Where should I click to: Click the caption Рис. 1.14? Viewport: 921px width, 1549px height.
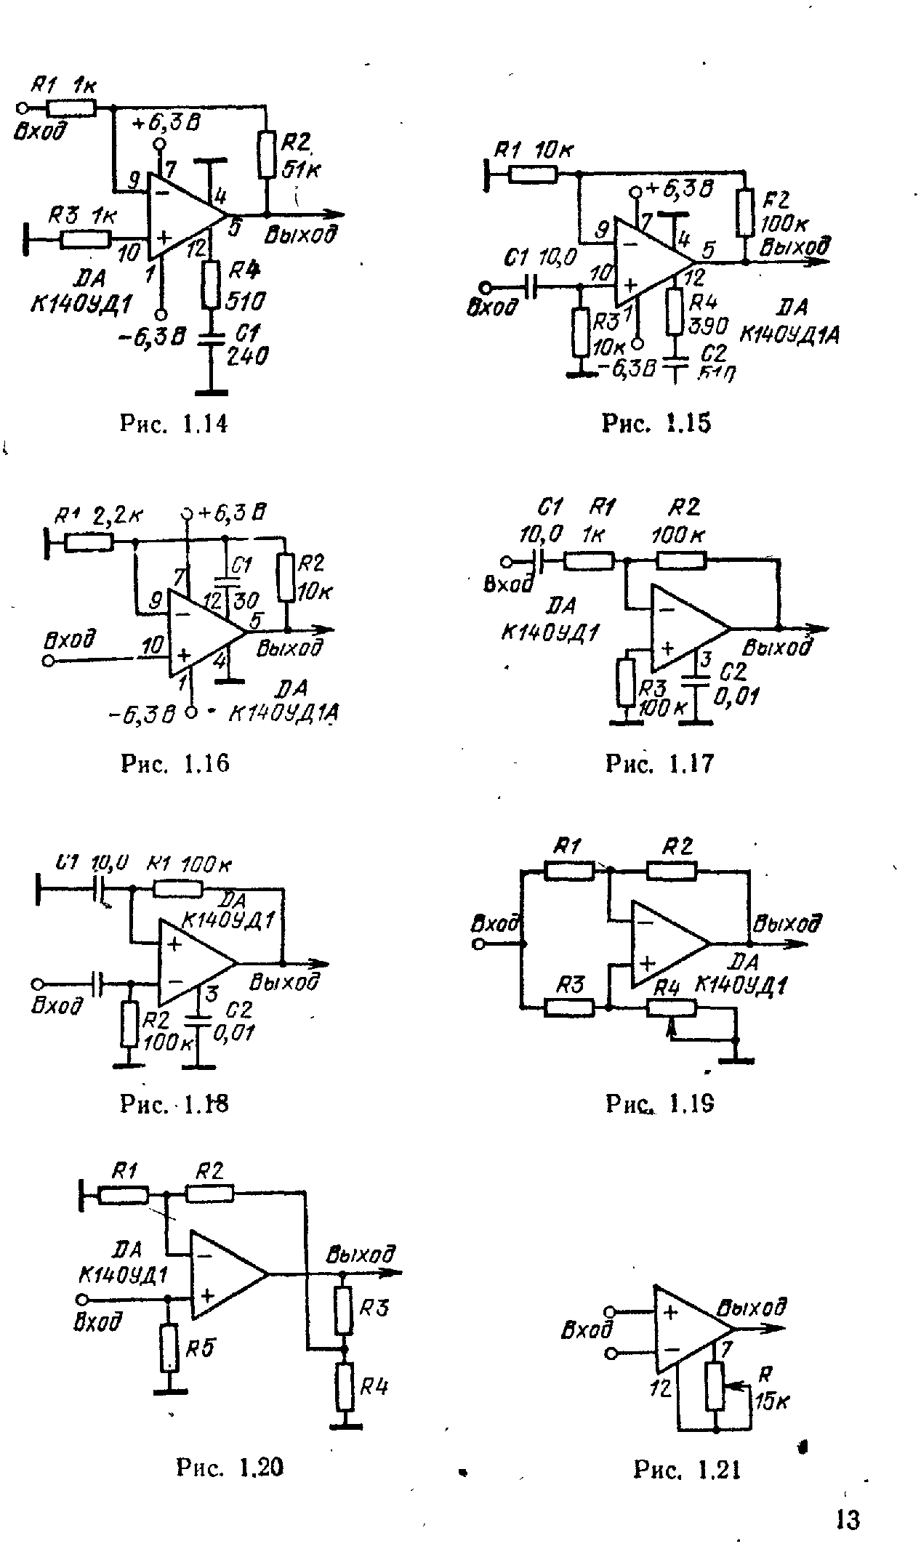point(173,423)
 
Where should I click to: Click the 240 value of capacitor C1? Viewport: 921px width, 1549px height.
point(247,356)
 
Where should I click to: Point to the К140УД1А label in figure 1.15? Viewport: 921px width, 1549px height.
point(789,335)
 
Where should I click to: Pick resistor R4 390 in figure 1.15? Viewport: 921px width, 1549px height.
point(675,312)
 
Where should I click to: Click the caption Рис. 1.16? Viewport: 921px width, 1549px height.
point(174,763)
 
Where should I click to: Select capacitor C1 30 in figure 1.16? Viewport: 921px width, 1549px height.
point(227,582)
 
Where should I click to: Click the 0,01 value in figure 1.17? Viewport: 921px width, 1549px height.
point(736,699)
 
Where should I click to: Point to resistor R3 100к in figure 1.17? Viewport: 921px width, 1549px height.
point(626,683)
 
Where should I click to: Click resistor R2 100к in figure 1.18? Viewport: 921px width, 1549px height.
point(129,1023)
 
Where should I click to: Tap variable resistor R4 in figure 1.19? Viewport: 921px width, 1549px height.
point(671,1007)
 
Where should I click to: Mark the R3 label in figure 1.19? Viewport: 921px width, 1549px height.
point(571,986)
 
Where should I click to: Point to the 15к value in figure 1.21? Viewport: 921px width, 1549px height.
point(773,1402)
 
